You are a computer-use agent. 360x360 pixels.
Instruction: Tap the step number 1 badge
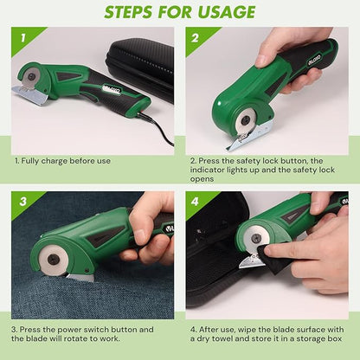pos(22,38)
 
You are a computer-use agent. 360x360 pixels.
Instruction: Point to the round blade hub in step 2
pos(246,120)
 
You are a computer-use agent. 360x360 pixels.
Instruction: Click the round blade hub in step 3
pos(54,258)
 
